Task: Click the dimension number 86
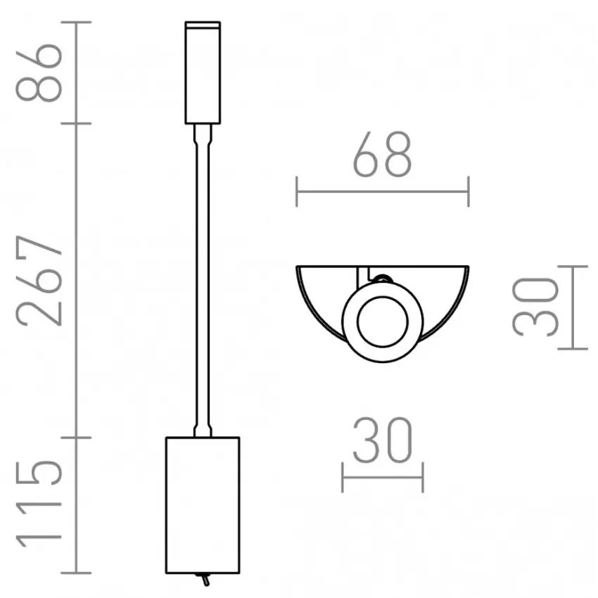(x=39, y=72)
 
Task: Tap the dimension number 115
(x=39, y=504)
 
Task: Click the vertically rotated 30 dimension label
(x=536, y=306)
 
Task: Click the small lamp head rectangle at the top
(x=203, y=73)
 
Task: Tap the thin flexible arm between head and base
(x=203, y=281)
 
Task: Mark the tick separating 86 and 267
(x=83, y=124)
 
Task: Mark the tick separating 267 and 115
(x=83, y=437)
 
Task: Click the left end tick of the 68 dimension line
(x=297, y=191)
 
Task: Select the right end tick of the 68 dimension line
(x=468, y=191)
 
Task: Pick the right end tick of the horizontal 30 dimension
(x=422, y=477)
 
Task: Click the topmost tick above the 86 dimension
(x=83, y=23)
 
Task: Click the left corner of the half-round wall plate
(x=298, y=267)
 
